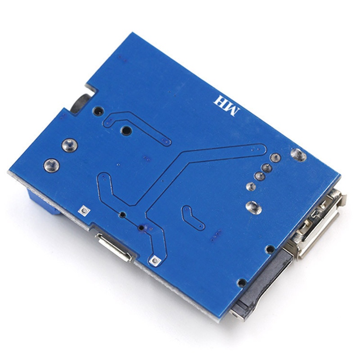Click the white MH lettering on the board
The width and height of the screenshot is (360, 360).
click(x=226, y=106)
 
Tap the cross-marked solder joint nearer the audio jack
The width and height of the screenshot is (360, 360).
click(x=70, y=145)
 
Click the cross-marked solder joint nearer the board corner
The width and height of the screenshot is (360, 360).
click(x=52, y=166)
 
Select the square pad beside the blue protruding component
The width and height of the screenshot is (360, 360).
click(x=84, y=210)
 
